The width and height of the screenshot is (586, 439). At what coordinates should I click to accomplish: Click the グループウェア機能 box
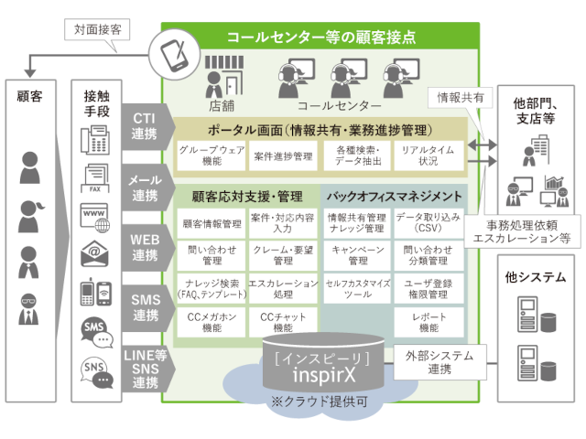[x=212, y=155]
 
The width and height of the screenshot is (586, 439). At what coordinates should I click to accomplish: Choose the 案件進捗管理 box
[x=284, y=155]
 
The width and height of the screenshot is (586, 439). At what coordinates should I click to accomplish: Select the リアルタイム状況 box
[x=428, y=155]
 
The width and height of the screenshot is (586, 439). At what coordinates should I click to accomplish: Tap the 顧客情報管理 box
[x=212, y=222]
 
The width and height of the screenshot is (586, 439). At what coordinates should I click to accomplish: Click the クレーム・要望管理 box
[x=283, y=255]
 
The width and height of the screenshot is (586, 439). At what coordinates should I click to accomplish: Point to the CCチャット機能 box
[x=283, y=321]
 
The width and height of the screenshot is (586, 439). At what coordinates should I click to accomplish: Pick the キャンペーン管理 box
[x=356, y=255]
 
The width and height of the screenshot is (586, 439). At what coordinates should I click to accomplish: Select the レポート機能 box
[x=428, y=321]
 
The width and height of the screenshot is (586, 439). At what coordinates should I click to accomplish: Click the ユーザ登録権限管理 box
[x=428, y=288]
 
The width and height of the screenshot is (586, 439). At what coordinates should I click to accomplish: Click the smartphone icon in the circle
[x=173, y=54]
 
